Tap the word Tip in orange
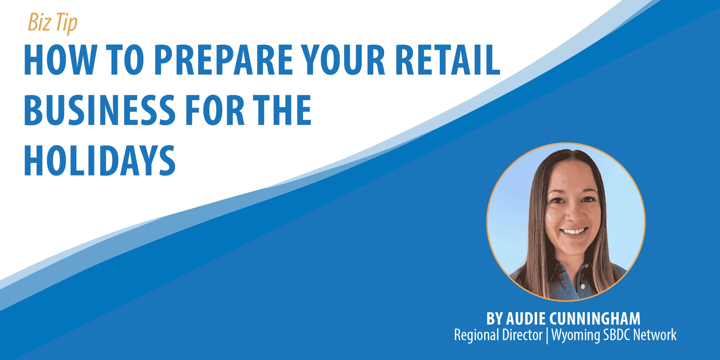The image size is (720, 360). [66, 23]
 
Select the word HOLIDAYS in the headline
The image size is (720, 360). [99, 161]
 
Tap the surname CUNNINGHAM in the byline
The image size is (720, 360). [595, 319]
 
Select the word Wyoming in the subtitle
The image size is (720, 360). [576, 335]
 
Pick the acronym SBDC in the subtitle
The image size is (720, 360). [617, 335]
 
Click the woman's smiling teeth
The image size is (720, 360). [574, 232]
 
